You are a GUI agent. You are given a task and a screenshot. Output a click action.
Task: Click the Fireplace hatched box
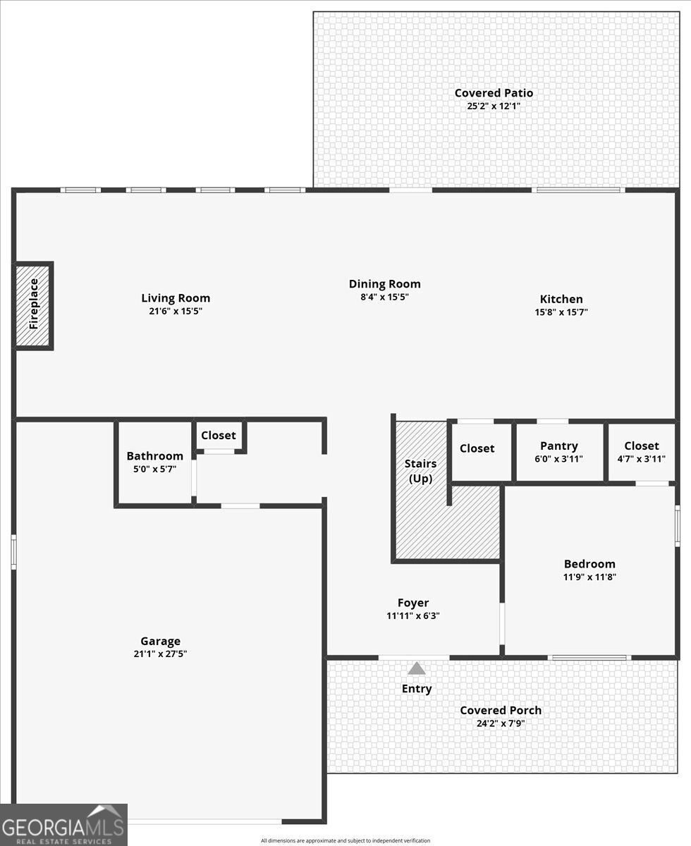(x=33, y=306)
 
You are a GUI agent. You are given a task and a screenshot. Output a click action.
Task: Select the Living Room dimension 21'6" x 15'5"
(x=176, y=311)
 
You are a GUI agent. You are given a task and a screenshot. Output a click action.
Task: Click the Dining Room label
(x=384, y=284)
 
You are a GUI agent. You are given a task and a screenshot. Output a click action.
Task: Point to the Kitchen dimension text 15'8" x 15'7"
(x=561, y=312)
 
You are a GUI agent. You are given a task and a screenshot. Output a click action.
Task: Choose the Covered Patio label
(x=494, y=93)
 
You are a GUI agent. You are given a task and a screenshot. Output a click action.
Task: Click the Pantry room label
(x=558, y=446)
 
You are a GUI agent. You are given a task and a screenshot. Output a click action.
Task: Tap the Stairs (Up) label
(x=420, y=471)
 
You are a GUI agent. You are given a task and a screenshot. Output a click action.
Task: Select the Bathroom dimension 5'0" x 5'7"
(x=155, y=469)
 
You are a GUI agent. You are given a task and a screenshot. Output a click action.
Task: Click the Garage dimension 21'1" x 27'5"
(x=160, y=654)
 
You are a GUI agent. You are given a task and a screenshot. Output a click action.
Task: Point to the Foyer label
(x=413, y=603)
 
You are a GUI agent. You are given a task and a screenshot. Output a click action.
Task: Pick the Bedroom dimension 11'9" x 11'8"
(x=589, y=577)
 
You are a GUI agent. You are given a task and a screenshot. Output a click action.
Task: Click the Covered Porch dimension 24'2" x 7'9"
(x=501, y=723)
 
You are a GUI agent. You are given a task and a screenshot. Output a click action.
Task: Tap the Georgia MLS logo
(x=63, y=825)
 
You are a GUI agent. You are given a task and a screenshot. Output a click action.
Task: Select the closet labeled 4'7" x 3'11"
(x=641, y=452)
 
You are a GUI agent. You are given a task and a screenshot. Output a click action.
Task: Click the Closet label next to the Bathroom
(x=219, y=435)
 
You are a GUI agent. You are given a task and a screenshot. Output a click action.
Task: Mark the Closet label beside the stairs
(x=477, y=448)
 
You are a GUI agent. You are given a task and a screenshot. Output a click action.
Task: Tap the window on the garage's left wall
(x=13, y=551)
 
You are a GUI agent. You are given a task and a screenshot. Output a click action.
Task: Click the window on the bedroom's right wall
(x=678, y=525)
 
